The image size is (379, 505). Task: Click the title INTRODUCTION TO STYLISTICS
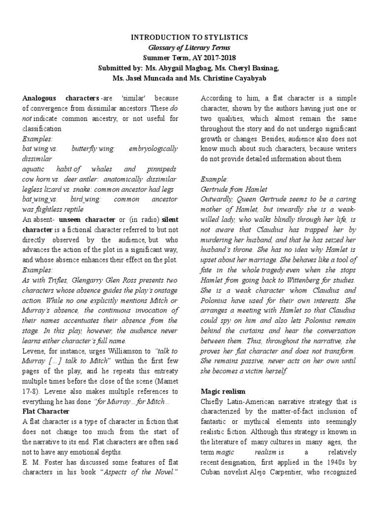(189, 37)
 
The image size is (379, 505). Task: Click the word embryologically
(155, 148)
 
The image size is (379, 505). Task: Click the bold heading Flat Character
(46, 411)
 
